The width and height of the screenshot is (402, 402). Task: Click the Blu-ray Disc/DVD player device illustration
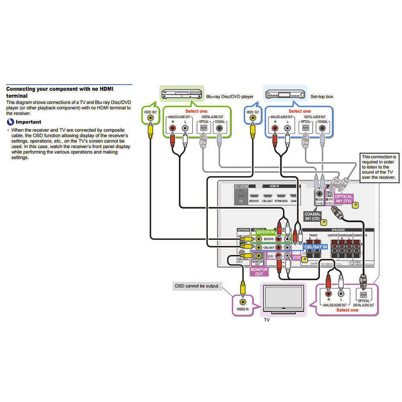181,95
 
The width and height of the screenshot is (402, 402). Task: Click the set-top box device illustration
284,95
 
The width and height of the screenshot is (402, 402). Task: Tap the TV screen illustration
283,299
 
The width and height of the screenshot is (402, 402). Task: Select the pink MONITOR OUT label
259,271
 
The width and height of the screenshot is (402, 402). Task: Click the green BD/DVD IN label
266,232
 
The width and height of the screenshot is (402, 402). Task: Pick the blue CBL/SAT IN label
316,246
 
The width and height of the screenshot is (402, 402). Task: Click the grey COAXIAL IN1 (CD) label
312,216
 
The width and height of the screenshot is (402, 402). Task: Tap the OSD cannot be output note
197,286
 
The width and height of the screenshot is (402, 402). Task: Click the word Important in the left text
29,122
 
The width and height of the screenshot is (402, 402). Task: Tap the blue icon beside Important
10,122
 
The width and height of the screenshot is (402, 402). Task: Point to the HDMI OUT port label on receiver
240,186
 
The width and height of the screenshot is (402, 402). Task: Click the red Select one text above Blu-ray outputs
196,111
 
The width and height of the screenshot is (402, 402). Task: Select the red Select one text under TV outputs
347,310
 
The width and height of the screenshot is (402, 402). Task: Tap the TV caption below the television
267,320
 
